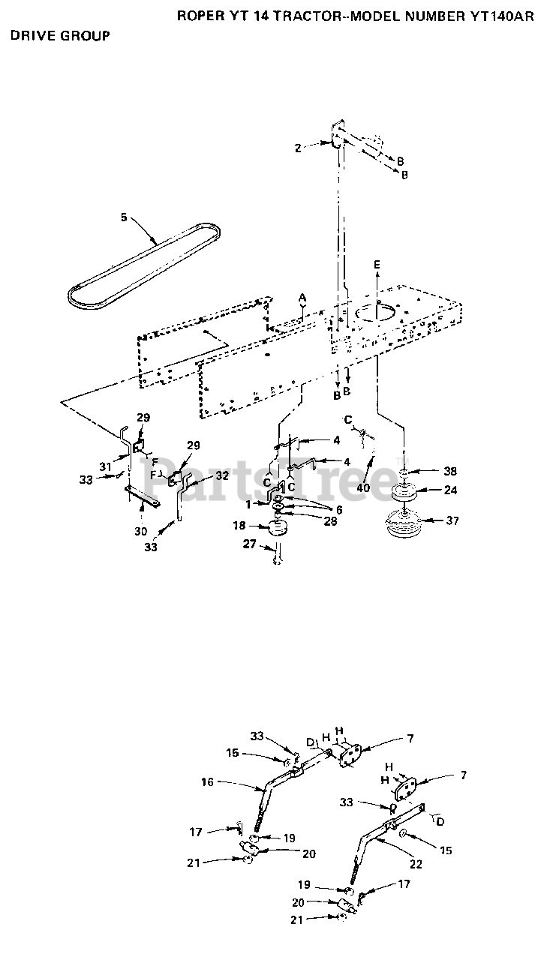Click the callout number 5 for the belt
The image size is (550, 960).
124,217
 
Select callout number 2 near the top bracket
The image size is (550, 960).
298,148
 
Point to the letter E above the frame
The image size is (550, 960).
377,265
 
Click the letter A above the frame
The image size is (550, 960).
302,297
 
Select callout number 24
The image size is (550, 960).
450,490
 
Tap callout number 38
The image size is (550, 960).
450,472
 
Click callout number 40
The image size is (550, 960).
363,487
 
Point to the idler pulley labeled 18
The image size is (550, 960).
278,526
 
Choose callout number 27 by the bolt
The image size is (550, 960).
250,544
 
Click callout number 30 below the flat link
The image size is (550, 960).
141,532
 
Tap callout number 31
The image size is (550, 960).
106,467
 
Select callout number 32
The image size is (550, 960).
222,475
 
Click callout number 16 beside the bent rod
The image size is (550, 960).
207,782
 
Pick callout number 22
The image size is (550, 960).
416,864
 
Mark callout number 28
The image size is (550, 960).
330,521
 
